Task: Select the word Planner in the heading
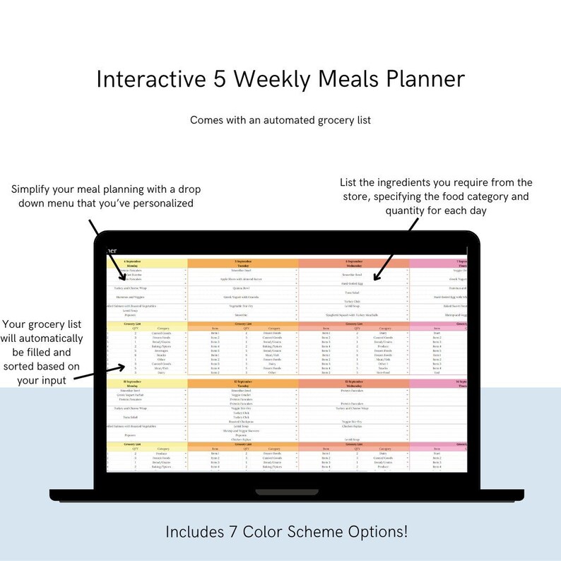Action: [420, 78]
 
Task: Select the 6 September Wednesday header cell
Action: [353, 263]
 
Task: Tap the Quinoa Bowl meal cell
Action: [242, 288]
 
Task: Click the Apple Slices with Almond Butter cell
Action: [242, 279]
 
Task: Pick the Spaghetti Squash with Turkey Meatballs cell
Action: [353, 314]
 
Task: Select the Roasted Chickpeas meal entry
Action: [242, 421]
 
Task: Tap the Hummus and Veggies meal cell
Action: [147, 297]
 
